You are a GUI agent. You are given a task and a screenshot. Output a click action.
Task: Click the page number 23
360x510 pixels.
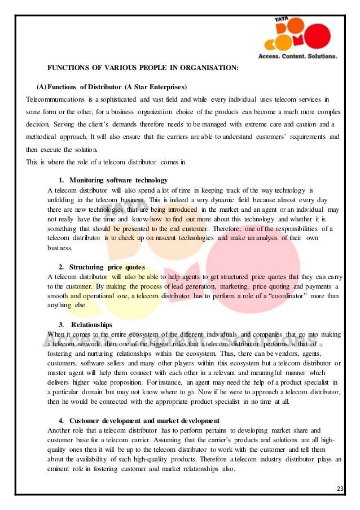340,489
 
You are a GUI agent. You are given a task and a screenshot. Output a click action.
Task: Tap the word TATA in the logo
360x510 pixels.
282,20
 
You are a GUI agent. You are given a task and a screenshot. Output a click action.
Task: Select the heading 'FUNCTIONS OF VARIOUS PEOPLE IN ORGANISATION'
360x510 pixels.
142,68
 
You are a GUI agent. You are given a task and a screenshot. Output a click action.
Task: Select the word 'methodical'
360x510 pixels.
43,137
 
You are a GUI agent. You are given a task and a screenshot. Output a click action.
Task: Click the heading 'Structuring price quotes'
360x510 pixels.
107,267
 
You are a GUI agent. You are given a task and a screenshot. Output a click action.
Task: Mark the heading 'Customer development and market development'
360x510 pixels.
144,421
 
